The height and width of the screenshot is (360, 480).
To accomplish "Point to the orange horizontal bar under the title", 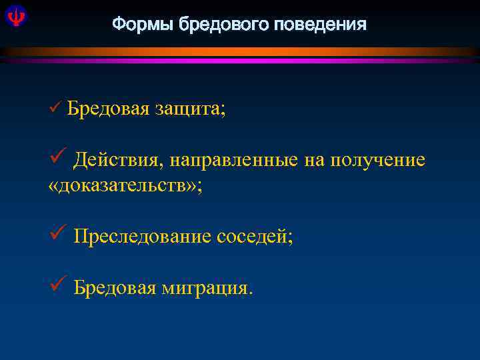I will pos(240,51).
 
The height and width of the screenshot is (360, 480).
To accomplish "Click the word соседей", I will pos(254,236).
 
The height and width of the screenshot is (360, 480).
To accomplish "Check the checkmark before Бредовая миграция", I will pos(57,286).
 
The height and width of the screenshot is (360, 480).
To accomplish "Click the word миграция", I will pos(206,288).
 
